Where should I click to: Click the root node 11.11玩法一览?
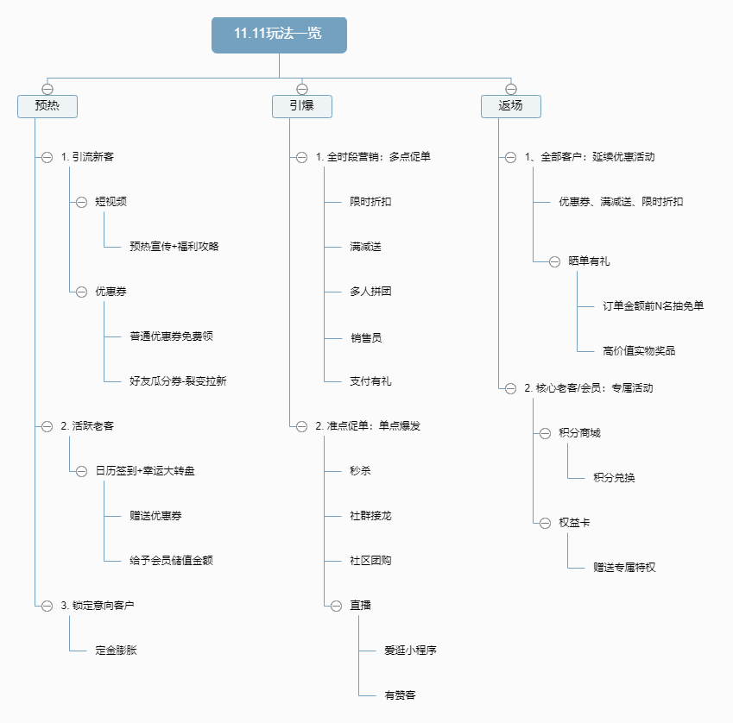tap(279, 35)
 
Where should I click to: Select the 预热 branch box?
tap(47, 106)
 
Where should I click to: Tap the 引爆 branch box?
tap(302, 106)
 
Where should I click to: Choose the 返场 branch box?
tap(510, 106)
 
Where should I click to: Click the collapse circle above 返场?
tap(510, 89)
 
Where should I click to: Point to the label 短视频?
tap(111, 202)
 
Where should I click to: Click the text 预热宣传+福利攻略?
tap(174, 247)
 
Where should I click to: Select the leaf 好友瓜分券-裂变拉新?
tap(178, 380)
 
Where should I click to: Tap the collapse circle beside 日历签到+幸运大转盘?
tap(81, 471)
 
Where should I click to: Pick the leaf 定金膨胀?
tap(116, 651)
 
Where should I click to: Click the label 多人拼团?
tap(370, 292)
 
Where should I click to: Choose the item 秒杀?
tap(360, 471)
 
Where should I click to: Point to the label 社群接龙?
tap(370, 516)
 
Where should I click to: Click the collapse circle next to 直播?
tap(336, 606)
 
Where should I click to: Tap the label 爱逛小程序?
tap(410, 651)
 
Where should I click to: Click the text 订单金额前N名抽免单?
tap(653, 305)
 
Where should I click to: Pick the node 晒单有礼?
tap(589, 261)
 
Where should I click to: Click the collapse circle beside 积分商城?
tap(545, 433)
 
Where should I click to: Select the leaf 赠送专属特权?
tap(624, 568)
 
